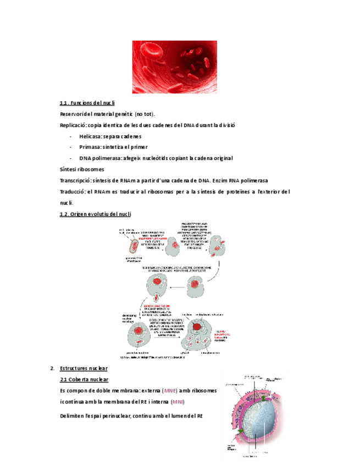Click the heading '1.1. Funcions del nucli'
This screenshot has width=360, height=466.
pyautogui.click(x=87, y=103)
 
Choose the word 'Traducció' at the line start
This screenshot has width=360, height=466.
pyautogui.click(x=73, y=192)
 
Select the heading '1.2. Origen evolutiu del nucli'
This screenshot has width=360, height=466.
pyautogui.click(x=95, y=214)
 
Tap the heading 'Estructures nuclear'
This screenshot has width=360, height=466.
pyautogui.click(x=84, y=368)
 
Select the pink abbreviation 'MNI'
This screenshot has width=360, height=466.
pyautogui.click(x=178, y=402)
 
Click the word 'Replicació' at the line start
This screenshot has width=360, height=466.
pyautogui.click(x=74, y=125)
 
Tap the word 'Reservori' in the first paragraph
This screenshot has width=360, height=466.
pyautogui.click(x=74, y=114)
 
